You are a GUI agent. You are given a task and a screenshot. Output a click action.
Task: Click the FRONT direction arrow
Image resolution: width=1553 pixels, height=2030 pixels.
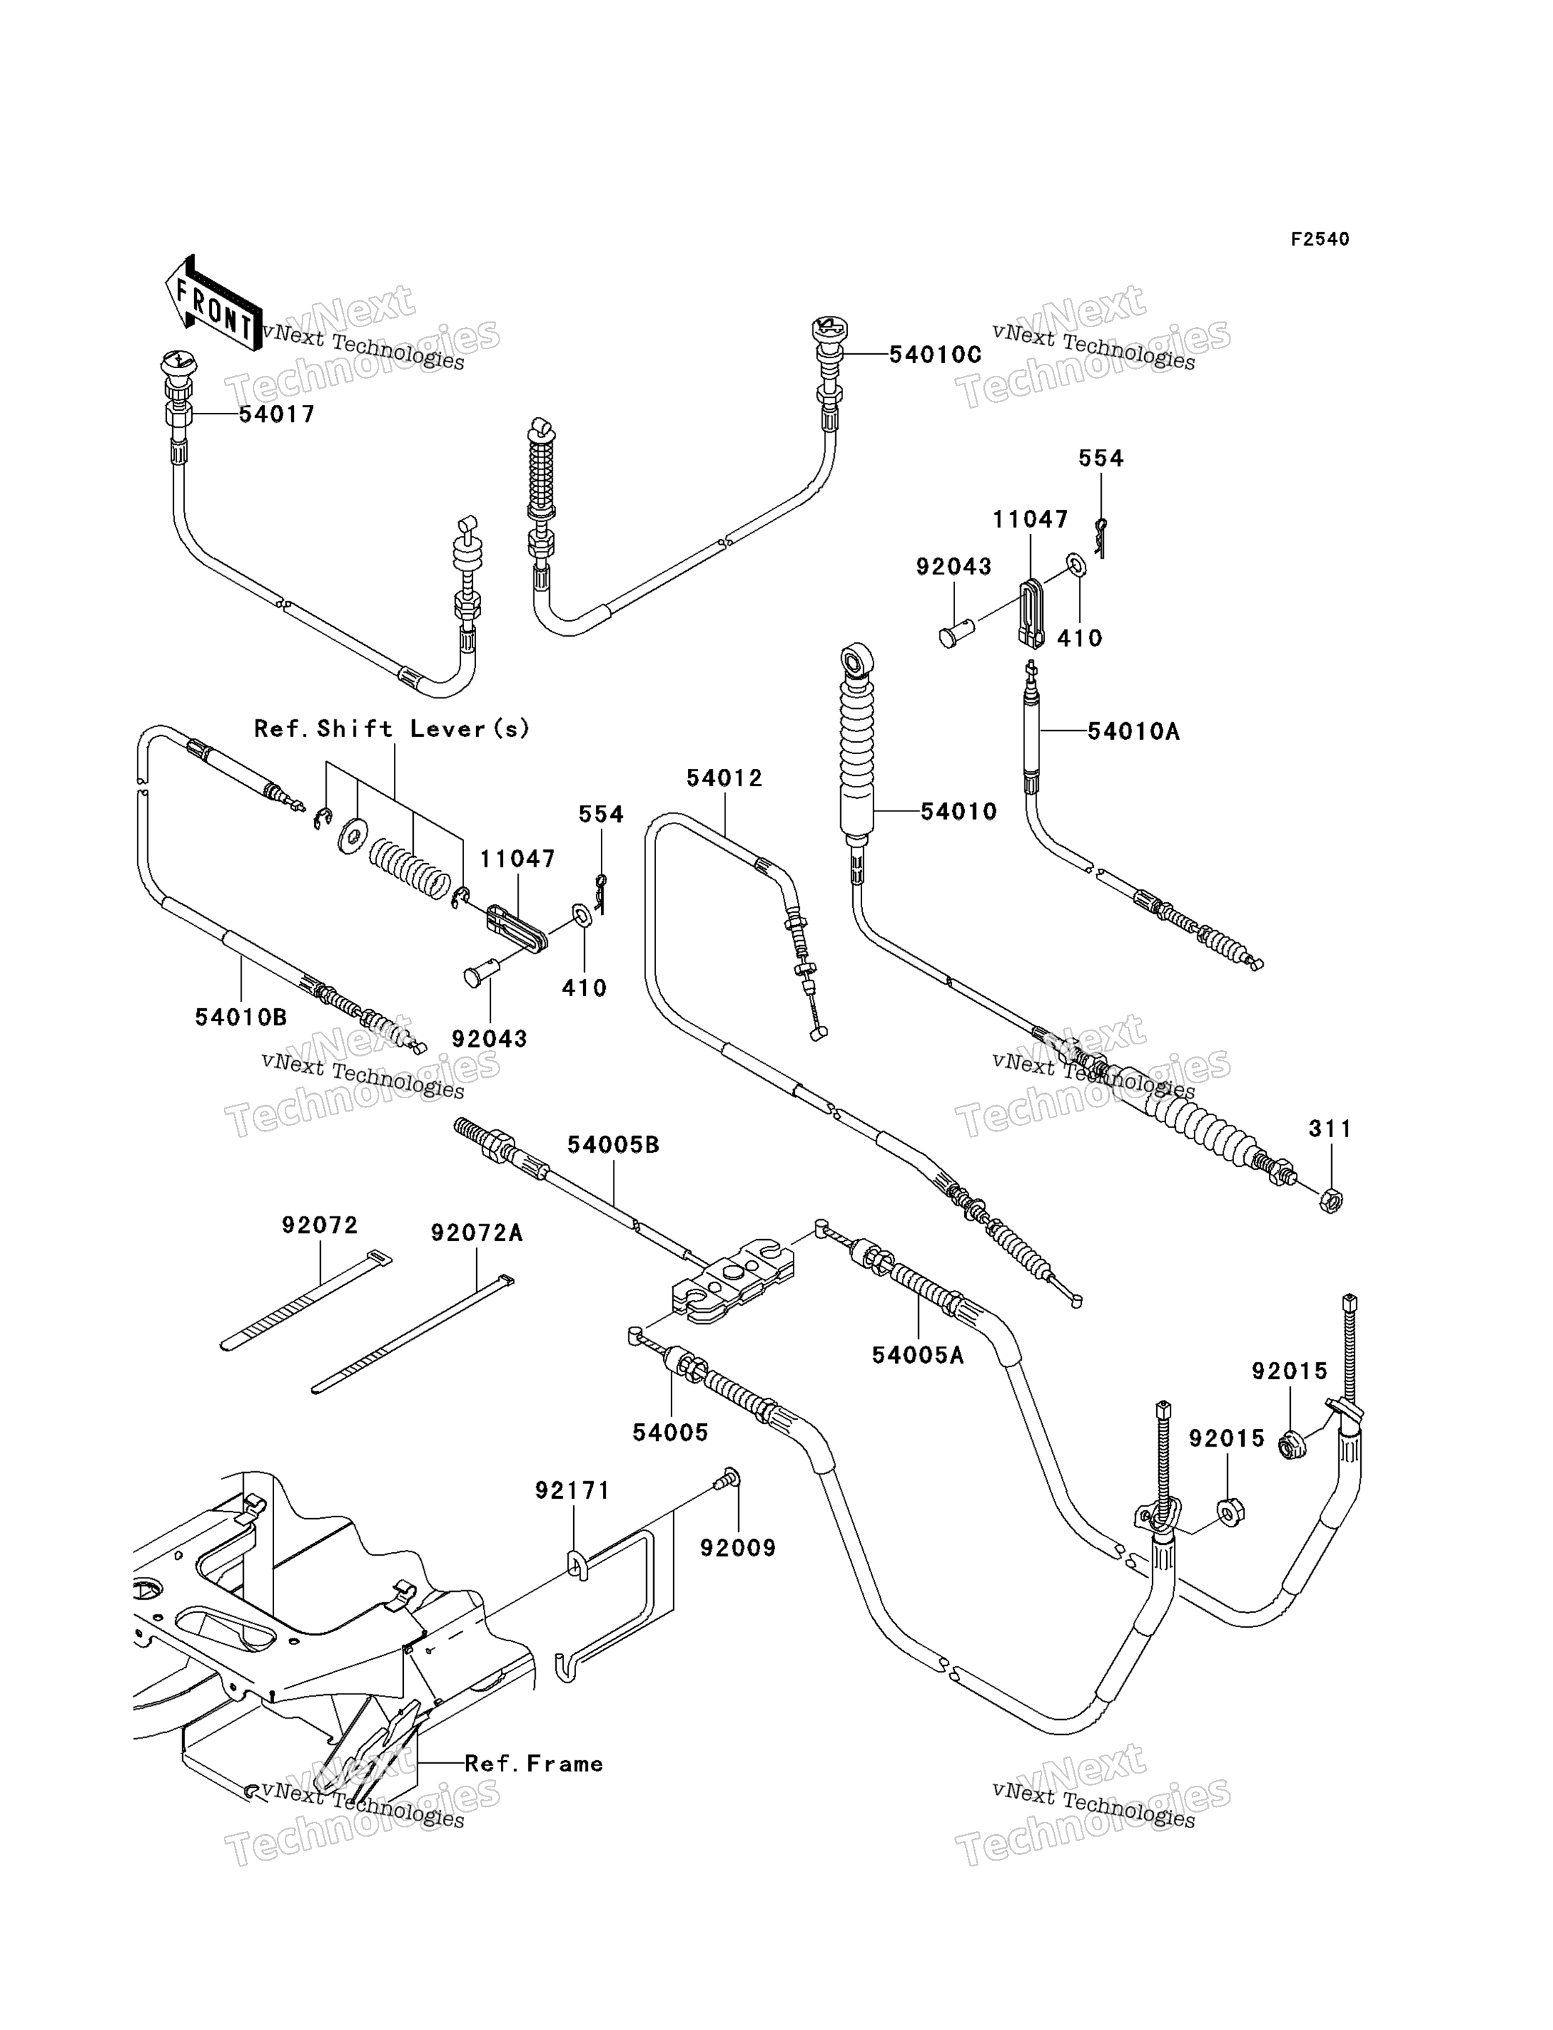coord(213,304)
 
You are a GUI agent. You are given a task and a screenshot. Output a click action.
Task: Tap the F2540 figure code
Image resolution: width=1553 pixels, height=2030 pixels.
coord(1320,239)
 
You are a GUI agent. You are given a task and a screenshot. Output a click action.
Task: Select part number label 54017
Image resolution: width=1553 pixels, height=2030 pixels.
coord(277,414)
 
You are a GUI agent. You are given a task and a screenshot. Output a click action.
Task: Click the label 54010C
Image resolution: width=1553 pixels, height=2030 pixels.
coord(934,355)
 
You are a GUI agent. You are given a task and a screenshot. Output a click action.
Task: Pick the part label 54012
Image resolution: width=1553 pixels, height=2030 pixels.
coord(725,778)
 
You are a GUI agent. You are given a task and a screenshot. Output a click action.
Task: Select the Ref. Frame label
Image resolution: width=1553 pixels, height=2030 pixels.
coord(533,1764)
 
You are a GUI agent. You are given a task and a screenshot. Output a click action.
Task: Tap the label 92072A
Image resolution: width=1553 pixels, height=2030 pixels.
coord(477,1233)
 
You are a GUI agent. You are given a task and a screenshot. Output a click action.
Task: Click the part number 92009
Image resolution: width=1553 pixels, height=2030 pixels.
coord(738,1547)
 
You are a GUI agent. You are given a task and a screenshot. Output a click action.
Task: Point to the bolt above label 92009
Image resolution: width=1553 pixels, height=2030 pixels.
coord(728,1478)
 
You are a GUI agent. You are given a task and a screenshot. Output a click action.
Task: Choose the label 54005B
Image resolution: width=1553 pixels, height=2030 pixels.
coord(613,1145)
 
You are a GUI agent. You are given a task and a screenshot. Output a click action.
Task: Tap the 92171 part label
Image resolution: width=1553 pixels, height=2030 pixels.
coord(572,1490)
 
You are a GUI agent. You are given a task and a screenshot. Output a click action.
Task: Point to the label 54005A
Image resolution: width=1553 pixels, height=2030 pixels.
coord(918,1355)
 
